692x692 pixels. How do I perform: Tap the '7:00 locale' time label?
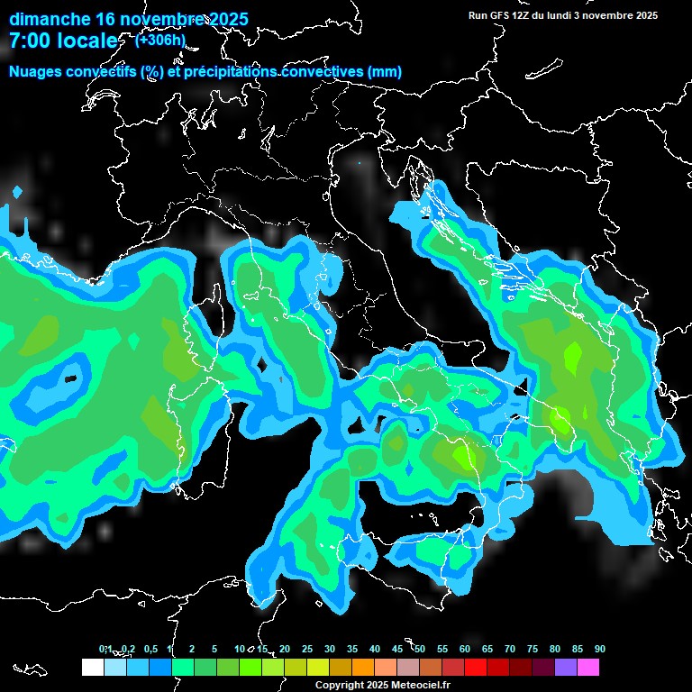point(63,41)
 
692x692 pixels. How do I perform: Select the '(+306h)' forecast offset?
point(159,40)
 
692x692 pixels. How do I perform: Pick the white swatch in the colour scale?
point(92,668)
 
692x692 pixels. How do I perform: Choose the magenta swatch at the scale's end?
point(588,668)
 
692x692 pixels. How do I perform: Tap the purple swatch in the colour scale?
point(566,668)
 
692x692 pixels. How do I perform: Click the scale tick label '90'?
point(600,649)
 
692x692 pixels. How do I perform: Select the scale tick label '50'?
point(420,649)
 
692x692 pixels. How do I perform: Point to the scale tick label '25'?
point(307,649)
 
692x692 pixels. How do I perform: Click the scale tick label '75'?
point(533,649)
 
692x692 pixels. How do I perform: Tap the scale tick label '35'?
point(352,649)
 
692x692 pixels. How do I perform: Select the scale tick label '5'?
point(214,649)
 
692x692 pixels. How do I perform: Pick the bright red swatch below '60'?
point(476,668)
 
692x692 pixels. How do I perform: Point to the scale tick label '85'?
point(578,649)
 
